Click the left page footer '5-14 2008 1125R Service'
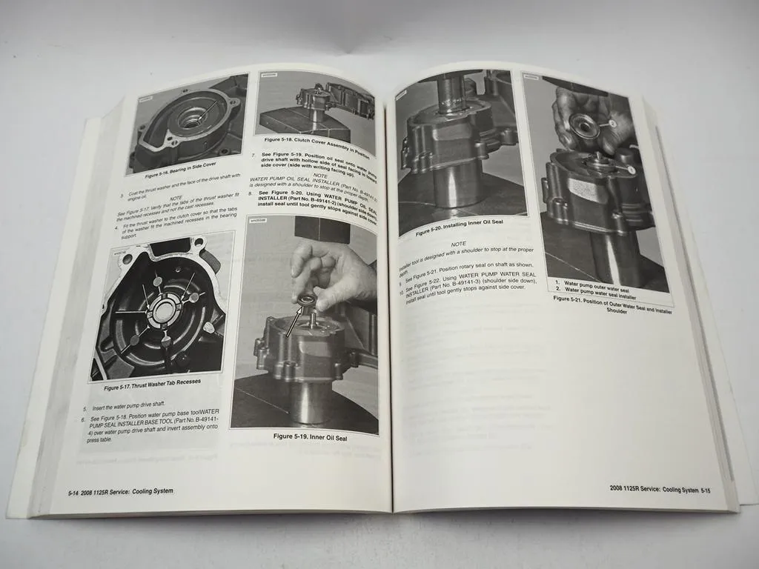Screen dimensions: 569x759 [116, 491]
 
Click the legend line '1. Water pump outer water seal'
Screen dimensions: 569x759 [597, 282]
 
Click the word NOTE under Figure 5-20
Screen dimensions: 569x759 [458, 244]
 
